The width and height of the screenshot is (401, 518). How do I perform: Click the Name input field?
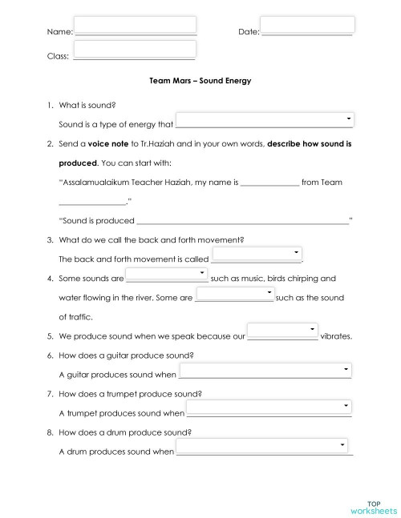(x=135, y=25)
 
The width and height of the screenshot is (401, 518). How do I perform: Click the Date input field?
(x=307, y=25)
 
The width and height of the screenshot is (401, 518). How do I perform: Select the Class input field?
(x=135, y=50)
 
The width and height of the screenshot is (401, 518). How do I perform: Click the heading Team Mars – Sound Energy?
(x=200, y=81)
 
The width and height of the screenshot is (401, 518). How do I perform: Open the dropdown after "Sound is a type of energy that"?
(x=265, y=120)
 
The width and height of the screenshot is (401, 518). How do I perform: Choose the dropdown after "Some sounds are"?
(x=167, y=275)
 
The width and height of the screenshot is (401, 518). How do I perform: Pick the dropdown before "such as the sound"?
(x=234, y=294)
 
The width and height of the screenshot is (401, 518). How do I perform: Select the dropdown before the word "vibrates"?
(x=282, y=331)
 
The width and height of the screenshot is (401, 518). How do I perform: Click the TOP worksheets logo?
(x=374, y=507)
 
